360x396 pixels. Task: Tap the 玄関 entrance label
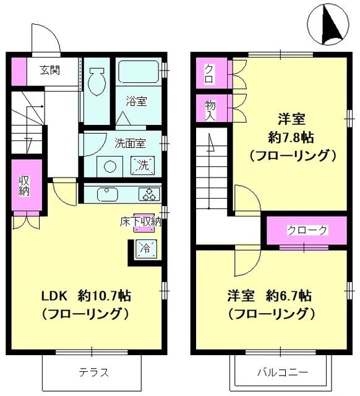click(51, 69)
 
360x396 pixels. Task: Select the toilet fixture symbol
click(96, 79)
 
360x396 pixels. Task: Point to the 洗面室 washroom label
click(130, 143)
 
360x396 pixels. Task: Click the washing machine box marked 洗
click(142, 166)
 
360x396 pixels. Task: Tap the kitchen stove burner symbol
click(149, 194)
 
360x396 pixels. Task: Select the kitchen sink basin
click(108, 194)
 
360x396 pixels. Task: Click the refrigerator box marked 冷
click(144, 249)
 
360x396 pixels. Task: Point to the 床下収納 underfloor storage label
click(140, 222)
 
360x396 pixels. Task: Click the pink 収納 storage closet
click(24, 186)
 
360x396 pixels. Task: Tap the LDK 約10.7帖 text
click(85, 296)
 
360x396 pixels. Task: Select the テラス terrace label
click(94, 372)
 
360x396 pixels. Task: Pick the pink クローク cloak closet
click(307, 230)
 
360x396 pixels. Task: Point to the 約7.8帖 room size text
click(293, 136)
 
